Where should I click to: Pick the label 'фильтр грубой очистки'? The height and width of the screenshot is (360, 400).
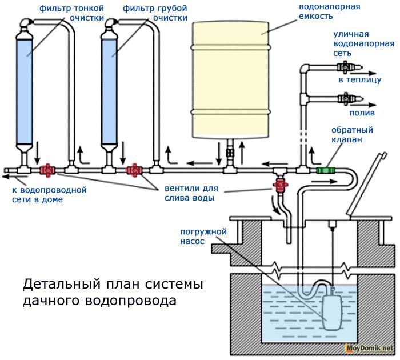(x=154, y=13)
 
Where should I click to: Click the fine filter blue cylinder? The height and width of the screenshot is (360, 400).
(x=24, y=91)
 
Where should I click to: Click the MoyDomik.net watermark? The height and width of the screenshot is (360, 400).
(x=372, y=349)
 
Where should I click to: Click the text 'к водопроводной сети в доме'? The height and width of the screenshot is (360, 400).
(x=46, y=194)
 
